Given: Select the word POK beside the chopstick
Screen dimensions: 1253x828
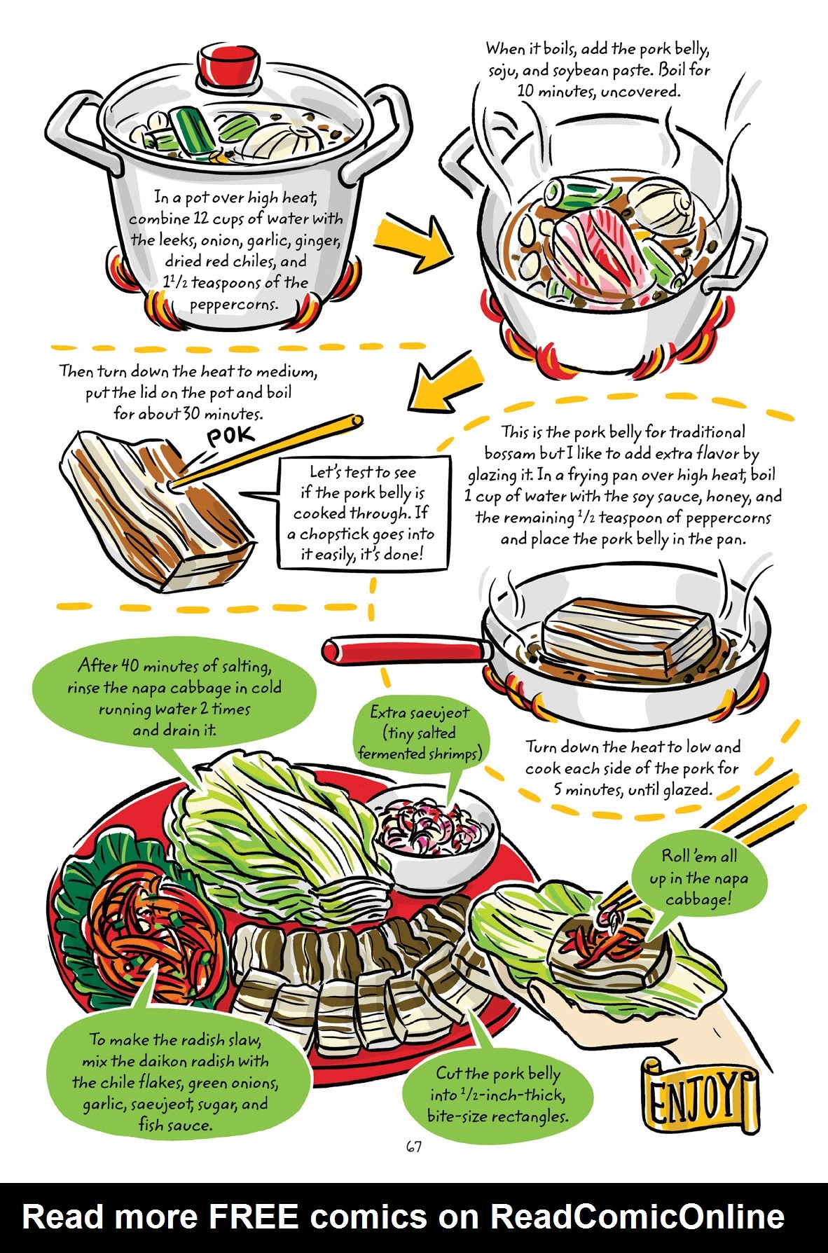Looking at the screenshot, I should coord(230,438).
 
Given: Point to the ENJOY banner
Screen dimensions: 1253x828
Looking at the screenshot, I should coord(701,1099).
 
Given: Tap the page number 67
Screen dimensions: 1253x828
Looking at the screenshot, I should coord(413,1147).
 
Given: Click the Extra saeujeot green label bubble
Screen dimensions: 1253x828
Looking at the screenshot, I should coord(420,733).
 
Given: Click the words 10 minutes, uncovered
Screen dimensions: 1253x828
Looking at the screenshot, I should coord(598,91).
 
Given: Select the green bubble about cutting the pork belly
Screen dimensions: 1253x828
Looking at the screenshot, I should coord(497,1093).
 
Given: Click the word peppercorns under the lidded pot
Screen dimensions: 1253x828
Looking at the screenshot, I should coord(233,305).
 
